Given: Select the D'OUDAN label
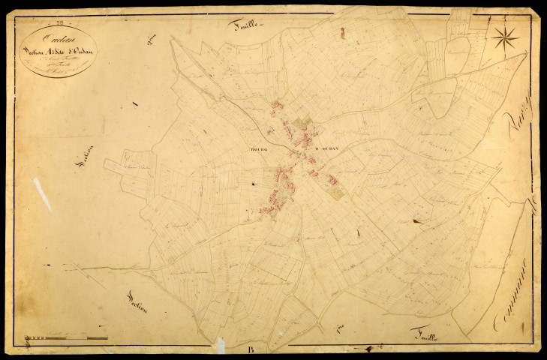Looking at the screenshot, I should (327, 148).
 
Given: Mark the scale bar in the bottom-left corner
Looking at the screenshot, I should (66, 338).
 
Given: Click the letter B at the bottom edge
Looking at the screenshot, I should (250, 348).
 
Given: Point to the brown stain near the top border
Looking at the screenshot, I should (341, 33).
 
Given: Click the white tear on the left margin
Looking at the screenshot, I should (42, 193).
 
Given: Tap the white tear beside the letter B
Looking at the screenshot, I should (221, 346).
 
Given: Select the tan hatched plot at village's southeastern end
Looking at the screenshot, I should (336, 190).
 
